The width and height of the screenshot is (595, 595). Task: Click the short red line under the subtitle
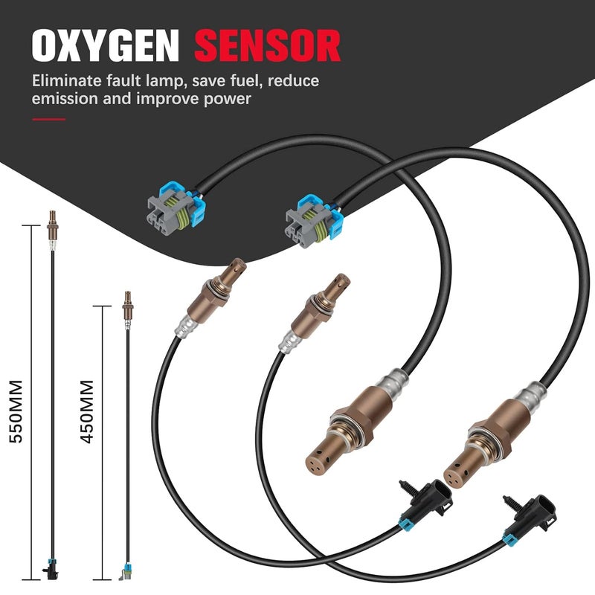(48, 119)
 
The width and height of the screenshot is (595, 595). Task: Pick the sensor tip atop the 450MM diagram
(126, 300)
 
